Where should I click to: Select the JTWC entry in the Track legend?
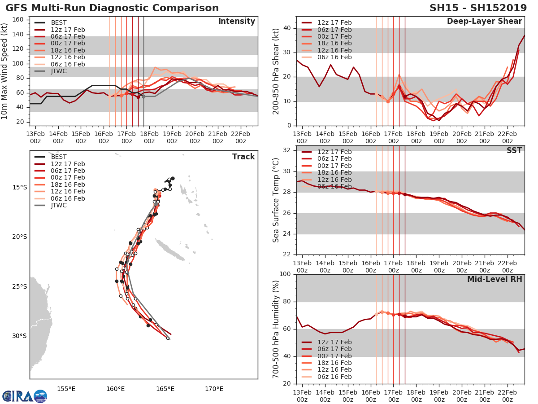[x=59, y=205]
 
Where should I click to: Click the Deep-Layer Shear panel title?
[x=484, y=22]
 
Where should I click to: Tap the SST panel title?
[x=514, y=150]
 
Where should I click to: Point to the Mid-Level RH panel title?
[x=495, y=280]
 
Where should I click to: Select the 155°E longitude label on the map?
[x=66, y=389]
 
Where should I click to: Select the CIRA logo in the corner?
[x=24, y=395]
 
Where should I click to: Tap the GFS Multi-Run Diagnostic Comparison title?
[x=112, y=8]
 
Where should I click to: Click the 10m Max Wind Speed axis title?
[x=5, y=71]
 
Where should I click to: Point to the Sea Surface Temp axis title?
[x=276, y=200]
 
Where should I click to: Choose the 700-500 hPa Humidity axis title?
[x=276, y=329]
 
